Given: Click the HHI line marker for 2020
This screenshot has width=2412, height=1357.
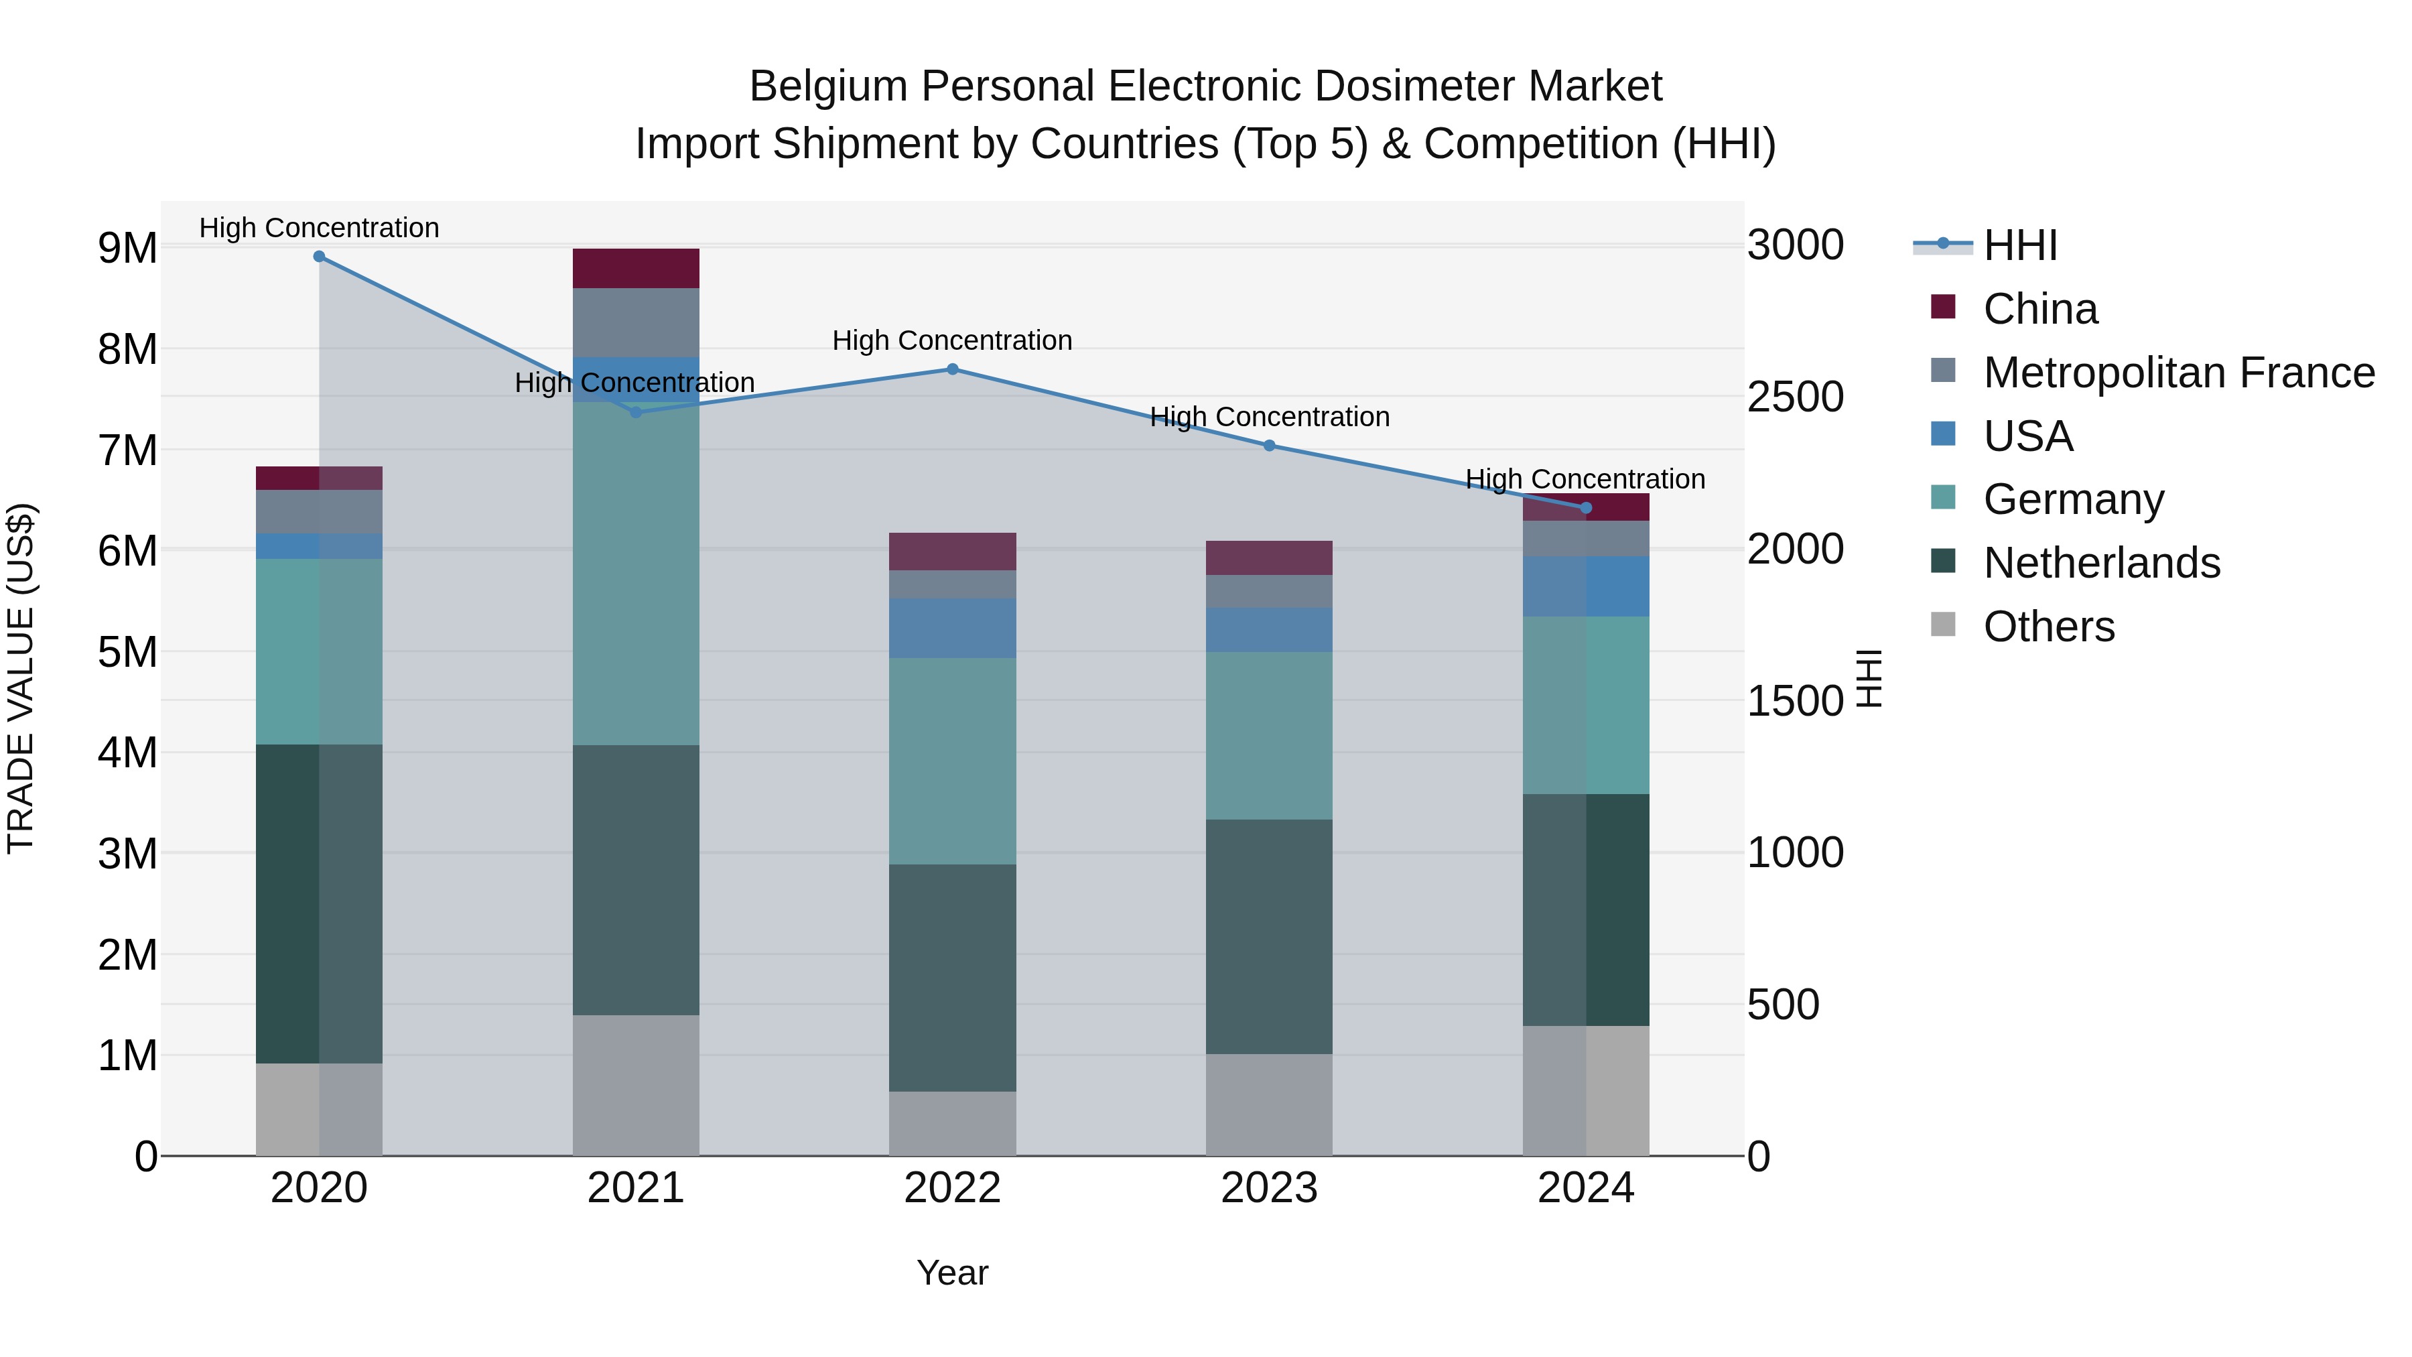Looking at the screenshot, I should pos(320,257).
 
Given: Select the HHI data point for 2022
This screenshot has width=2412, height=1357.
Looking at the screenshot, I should pos(952,369).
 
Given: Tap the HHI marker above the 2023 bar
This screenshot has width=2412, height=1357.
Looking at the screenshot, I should pos(1269,446).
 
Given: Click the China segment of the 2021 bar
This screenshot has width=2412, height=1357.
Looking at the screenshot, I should pos(636,269).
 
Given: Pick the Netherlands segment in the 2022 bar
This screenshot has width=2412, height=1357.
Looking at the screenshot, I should pos(952,977).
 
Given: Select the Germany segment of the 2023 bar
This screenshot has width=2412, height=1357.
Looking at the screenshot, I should pos(1269,735).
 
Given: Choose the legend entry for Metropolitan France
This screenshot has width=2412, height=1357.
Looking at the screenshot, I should pos(2178,373).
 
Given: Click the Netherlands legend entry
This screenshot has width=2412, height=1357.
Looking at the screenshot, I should pos(2101,563).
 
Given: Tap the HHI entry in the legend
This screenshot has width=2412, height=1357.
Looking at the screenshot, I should pos(2019,245).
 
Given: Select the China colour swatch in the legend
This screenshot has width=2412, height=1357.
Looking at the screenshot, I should pos(1943,307).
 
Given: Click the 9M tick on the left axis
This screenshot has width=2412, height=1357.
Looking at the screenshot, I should pos(127,248).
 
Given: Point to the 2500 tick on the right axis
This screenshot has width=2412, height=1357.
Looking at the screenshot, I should pos(1795,397).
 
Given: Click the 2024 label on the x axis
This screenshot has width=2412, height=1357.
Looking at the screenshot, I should pos(1585,1188).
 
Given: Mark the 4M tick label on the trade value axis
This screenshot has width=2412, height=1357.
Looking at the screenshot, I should pos(127,752).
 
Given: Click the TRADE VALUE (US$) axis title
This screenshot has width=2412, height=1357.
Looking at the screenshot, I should pos(21,678).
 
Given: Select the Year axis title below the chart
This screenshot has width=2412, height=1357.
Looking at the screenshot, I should pos(952,1273).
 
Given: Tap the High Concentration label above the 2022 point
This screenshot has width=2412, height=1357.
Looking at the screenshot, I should pos(952,341).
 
